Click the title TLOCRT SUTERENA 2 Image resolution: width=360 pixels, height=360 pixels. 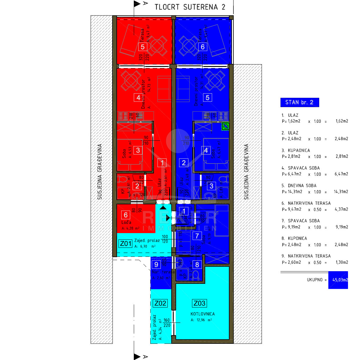point(190,7)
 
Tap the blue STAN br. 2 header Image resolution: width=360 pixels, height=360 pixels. point(299,102)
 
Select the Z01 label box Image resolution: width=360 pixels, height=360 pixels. point(126,243)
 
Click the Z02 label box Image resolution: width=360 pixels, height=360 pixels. point(160,303)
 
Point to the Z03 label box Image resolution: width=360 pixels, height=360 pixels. point(199,303)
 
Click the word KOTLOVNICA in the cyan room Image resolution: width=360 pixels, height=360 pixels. point(202,314)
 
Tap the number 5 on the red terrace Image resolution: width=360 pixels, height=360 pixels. point(142,47)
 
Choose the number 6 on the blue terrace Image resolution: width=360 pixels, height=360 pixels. point(202,47)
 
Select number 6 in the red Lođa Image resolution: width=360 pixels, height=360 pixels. point(126,215)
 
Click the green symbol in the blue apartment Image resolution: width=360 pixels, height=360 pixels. point(225,127)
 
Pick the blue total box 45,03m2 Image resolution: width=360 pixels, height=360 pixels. point(338,280)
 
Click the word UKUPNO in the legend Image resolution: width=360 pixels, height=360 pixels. point(314,280)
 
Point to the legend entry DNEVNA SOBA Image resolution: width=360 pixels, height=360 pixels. point(302,185)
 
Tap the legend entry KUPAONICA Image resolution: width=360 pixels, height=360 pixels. point(299,150)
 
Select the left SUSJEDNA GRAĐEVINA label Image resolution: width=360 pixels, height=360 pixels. point(100,172)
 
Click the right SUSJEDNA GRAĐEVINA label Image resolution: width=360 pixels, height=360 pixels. point(246,172)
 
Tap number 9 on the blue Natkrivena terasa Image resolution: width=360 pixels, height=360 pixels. point(156,265)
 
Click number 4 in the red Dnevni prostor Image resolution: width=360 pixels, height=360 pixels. point(138,97)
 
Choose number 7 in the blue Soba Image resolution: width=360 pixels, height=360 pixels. point(197,236)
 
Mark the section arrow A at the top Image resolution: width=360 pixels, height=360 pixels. point(137,4)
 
